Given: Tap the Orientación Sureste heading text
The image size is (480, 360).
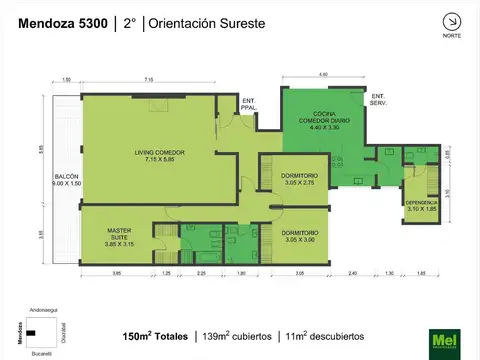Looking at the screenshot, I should [207, 22].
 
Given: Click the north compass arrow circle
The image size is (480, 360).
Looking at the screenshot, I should [451, 21].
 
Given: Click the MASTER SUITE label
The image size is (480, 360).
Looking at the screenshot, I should [120, 238].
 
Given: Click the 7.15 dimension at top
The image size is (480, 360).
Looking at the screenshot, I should [148, 79].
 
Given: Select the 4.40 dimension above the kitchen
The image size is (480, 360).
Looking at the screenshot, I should [324, 75].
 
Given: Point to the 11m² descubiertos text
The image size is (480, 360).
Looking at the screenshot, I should [324, 336].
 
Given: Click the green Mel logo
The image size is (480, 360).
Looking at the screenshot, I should [444, 343].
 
